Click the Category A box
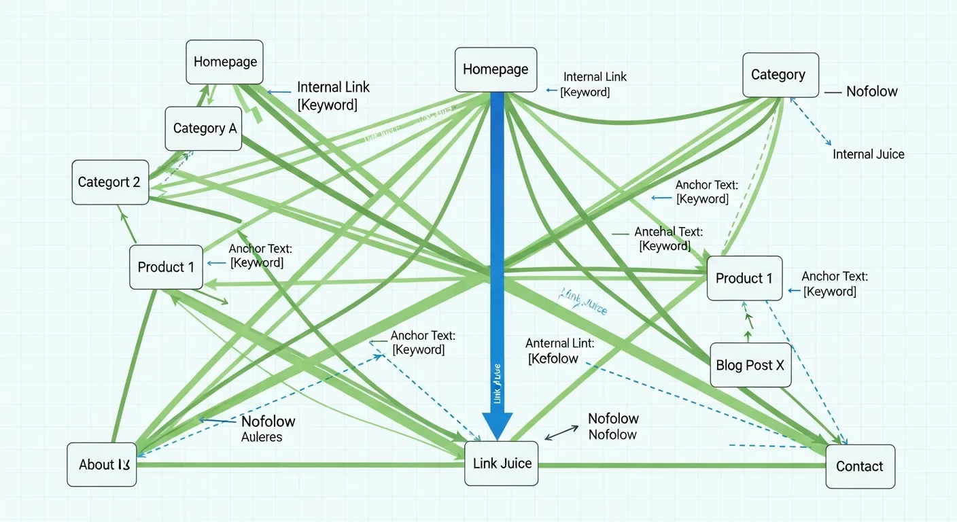coord(203,128)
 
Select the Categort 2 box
coord(110,182)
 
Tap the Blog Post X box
coord(750,365)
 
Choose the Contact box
coord(860,466)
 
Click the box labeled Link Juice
coord(502,463)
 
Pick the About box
coord(102,465)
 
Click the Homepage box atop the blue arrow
coord(495,69)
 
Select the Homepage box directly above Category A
coord(225,62)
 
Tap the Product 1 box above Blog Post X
coord(744,278)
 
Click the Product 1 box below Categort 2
coord(166,267)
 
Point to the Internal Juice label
coord(869,154)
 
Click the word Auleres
coord(262,437)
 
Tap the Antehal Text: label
coord(668,232)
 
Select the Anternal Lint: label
coord(559,343)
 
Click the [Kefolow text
coord(553,359)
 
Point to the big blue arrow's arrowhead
coord(497,425)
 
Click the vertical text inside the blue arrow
coord(497,385)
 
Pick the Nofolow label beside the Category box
coord(871,91)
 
